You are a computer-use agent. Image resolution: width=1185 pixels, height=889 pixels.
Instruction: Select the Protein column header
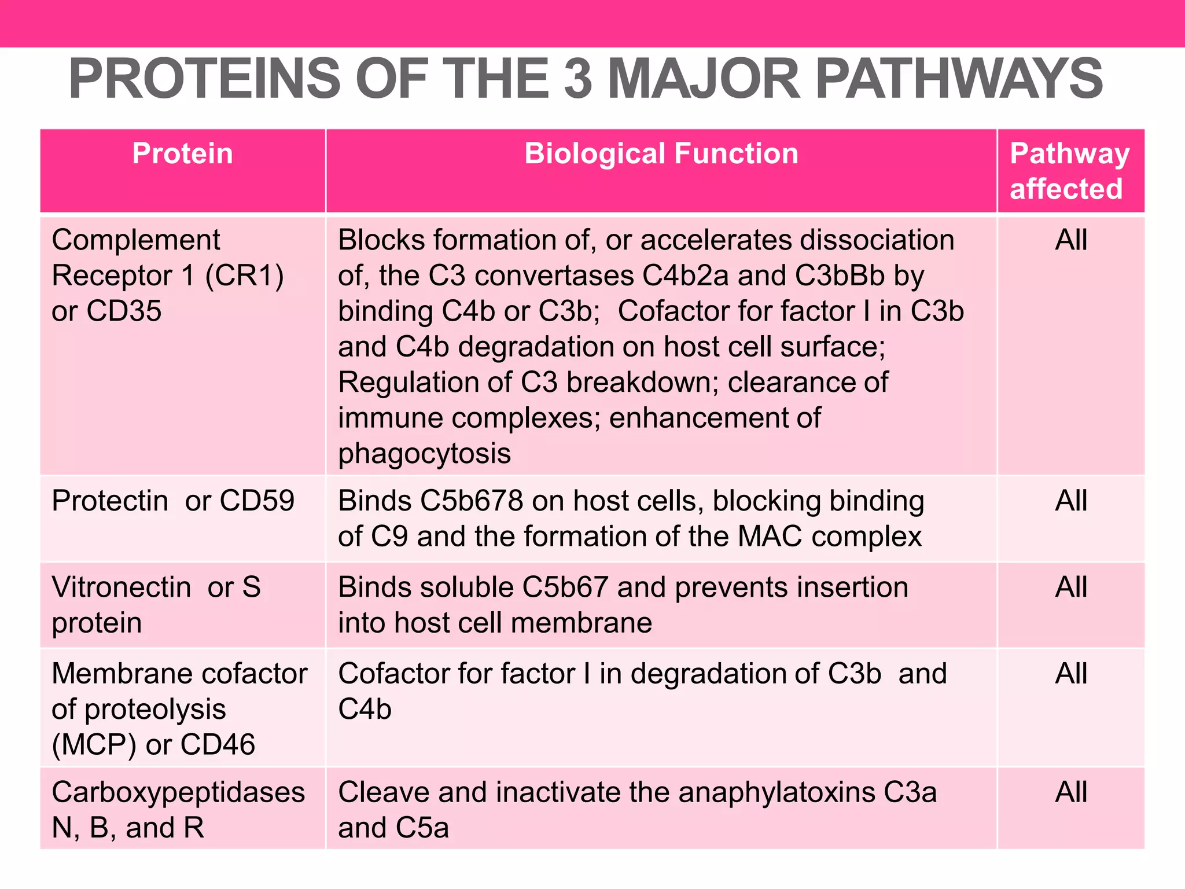182,154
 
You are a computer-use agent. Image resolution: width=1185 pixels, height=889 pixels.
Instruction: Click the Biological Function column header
661,154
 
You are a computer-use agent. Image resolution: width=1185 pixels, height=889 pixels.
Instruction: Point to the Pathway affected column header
1069,171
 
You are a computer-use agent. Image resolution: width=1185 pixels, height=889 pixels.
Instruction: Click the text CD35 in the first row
124,311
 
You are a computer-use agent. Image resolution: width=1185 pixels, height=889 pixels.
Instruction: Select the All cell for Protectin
1071,501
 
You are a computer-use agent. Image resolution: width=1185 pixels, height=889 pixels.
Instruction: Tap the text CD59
257,501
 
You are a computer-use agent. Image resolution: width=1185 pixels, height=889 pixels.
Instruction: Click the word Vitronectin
122,587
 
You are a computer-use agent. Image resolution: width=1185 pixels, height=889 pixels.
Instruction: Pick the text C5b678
472,501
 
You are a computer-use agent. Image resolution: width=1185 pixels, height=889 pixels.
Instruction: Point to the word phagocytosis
425,454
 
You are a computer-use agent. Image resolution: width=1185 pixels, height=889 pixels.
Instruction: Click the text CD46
218,745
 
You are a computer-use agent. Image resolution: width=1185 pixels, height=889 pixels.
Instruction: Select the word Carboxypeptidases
178,792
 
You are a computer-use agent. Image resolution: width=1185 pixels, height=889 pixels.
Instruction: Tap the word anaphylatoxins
776,792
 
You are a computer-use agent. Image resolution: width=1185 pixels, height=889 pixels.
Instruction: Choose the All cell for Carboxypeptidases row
1071,792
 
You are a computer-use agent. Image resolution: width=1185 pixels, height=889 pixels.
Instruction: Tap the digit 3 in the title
578,79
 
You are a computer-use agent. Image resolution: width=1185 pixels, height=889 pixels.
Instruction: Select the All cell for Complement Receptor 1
1071,240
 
